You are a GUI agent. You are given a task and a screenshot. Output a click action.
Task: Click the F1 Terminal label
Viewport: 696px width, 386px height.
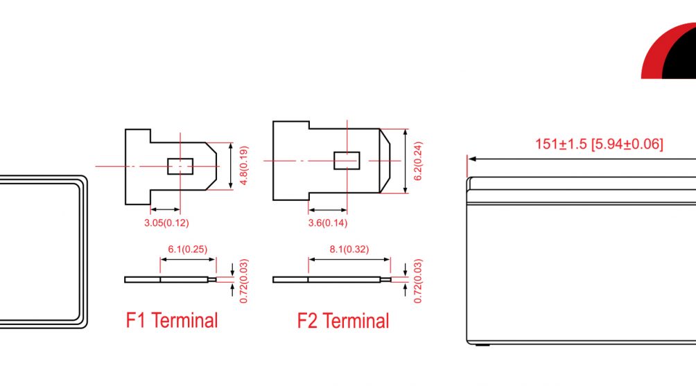tap(172, 320)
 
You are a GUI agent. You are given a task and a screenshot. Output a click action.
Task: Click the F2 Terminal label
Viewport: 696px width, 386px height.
tap(343, 321)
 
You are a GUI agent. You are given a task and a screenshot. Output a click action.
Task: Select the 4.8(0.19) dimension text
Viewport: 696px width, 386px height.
tap(244, 166)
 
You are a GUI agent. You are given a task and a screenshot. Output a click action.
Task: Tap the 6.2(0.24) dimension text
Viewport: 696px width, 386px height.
tap(418, 161)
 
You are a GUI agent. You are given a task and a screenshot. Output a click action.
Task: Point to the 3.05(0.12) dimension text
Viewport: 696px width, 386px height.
tap(166, 222)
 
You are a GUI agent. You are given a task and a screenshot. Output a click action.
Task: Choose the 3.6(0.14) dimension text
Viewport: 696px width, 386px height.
tap(328, 222)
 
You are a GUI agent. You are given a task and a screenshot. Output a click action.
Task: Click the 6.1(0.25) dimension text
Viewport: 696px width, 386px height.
tap(187, 249)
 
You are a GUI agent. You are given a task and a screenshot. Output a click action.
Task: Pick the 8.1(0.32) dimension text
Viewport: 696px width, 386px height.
tap(349, 249)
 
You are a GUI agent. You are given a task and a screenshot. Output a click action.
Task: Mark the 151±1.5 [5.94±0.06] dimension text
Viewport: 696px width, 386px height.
tap(599, 144)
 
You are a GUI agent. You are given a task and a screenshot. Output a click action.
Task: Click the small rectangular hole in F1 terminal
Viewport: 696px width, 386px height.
tap(180, 166)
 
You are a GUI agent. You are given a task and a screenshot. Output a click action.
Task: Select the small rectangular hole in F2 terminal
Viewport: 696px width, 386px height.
tap(347, 161)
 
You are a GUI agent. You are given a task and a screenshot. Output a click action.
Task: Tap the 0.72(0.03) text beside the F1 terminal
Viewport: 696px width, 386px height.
tap(244, 281)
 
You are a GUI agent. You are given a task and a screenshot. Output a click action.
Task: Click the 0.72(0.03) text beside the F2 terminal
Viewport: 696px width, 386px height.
tap(418, 281)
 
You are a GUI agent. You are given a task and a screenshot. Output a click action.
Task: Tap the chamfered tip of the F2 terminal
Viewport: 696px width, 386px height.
tap(385, 161)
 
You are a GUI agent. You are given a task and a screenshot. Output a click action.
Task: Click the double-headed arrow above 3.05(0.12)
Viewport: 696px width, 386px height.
tap(165, 209)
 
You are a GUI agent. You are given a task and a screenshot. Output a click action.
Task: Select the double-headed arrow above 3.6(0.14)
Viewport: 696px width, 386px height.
tap(328, 210)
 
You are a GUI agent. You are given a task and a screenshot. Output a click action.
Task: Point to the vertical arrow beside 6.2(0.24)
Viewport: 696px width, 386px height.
tap(406, 161)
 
